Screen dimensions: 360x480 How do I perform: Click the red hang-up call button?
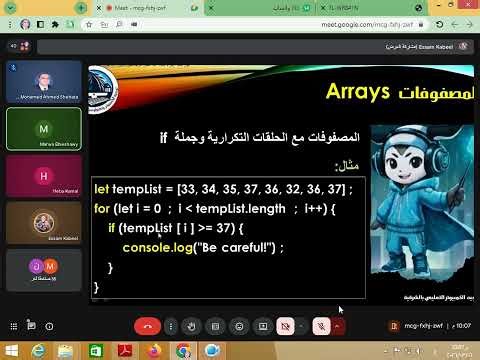(x=148, y=326)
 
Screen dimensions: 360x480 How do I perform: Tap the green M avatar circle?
(x=43, y=129)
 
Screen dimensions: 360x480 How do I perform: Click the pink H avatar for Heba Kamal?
(x=43, y=175)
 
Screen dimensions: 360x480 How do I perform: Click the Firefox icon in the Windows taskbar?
(x=156, y=350)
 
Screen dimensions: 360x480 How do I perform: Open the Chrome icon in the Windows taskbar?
(x=182, y=350)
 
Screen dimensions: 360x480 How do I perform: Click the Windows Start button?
(x=9, y=350)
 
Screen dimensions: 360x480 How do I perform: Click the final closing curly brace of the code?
(x=96, y=287)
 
